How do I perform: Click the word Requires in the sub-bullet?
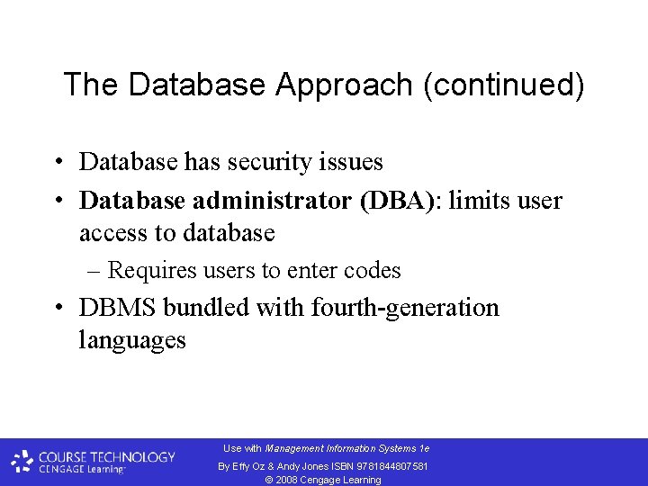coord(149,270)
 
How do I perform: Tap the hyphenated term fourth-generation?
coord(405,308)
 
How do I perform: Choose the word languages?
coord(132,341)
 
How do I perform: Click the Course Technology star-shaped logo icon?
coord(22,462)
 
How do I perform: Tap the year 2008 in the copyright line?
coord(286,480)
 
